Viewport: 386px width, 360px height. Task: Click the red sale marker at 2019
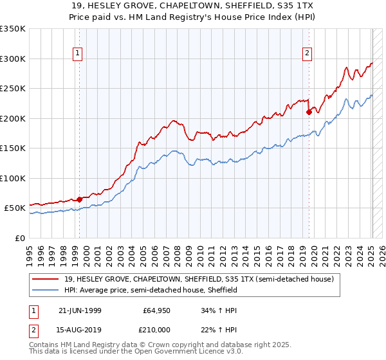click(x=309, y=112)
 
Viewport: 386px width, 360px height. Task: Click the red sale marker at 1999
click(x=80, y=199)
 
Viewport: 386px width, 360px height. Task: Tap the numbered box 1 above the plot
click(x=77, y=54)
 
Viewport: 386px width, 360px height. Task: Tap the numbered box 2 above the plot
click(x=307, y=54)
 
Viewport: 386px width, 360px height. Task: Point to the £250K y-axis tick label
click(x=13, y=89)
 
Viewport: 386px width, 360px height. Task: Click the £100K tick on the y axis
click(x=13, y=178)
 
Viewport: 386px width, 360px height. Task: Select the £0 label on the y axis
click(x=20, y=238)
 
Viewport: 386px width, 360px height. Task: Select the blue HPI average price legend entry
click(x=151, y=291)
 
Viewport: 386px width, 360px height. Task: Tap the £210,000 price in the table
click(x=156, y=329)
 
